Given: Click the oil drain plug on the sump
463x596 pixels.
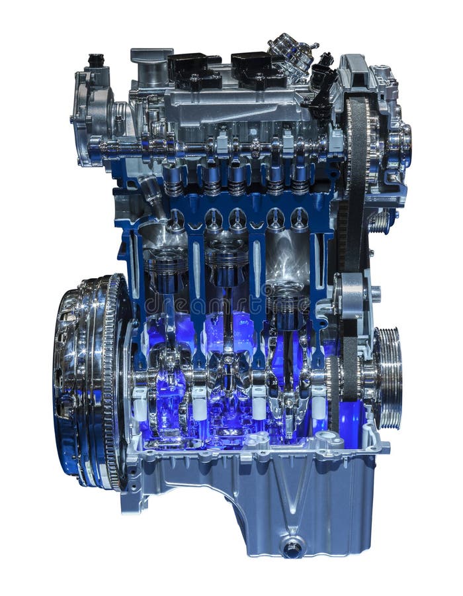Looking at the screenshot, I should coord(292,547).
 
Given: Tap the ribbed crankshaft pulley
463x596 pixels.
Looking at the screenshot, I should coord(388,377).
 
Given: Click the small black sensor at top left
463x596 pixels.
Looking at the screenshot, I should coord(97,60).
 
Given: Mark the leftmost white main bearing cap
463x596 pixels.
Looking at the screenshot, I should coord(140,402).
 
